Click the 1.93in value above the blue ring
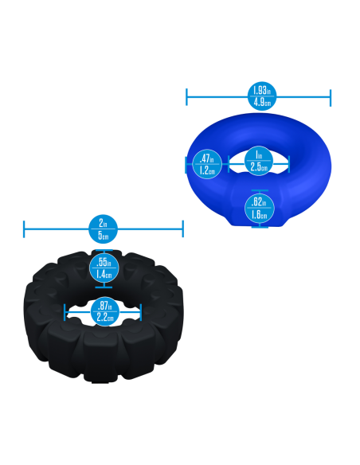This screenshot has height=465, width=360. tap(258, 91)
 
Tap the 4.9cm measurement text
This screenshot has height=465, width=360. tap(258, 104)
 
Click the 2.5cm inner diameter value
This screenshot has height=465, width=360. tap(258, 167)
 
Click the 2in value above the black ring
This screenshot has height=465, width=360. tap(104, 223)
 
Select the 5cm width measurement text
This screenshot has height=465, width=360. tap(104, 236)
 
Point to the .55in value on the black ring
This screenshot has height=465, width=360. tap(104, 263)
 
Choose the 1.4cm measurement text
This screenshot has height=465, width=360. tap(104, 275)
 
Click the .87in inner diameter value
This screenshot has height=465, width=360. tap(104, 306)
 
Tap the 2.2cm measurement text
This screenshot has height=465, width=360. tap(104, 318)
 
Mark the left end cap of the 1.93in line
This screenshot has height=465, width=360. tap(186, 97)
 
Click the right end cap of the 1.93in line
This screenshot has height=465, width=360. tap(331, 97)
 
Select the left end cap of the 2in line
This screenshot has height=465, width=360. tap(24, 229)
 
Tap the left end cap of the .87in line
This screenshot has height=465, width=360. tap(65, 312)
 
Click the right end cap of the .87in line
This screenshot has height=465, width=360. tap(142, 312)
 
